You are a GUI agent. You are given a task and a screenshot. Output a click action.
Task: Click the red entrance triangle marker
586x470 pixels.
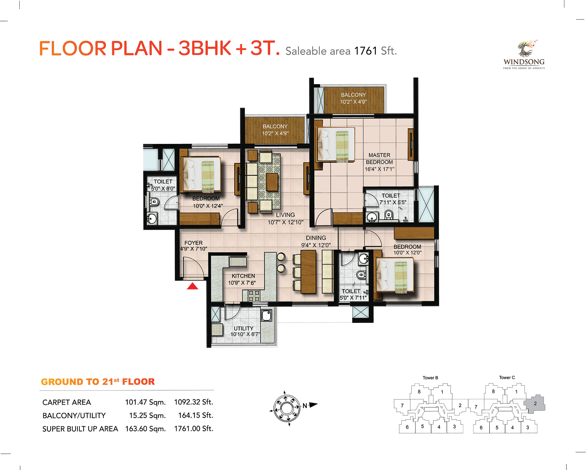pyautogui.click(x=192, y=286)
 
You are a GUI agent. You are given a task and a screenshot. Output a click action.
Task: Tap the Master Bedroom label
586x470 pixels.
pyautogui.click(x=379, y=159)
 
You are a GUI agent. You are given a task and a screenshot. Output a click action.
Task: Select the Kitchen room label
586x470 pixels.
pyautogui.click(x=243, y=276)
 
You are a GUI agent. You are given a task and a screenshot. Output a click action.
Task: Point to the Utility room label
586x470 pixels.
pyautogui.click(x=243, y=328)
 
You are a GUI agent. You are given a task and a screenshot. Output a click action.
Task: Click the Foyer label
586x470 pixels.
pyautogui.click(x=194, y=243)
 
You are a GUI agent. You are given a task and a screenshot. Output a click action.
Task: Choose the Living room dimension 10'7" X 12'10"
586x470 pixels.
pyautogui.click(x=285, y=222)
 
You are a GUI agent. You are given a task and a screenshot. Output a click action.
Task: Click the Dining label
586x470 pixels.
pyautogui.click(x=316, y=238)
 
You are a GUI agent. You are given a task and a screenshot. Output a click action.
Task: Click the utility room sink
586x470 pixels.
pyautogui.click(x=267, y=315)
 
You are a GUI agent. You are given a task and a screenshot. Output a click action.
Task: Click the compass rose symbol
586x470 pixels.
pyautogui.click(x=286, y=408)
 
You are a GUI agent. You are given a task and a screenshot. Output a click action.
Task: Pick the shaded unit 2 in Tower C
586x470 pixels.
pyautogui.click(x=535, y=403)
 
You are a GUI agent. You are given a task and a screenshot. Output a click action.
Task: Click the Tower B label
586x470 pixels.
pyautogui.click(x=430, y=378)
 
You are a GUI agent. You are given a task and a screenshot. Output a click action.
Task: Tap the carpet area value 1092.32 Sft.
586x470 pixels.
pyautogui.click(x=194, y=402)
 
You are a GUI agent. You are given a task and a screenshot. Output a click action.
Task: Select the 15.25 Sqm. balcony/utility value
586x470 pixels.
pyautogui.click(x=147, y=415)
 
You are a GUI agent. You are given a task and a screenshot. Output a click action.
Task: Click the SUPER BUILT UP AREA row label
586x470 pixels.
pyautogui.click(x=80, y=429)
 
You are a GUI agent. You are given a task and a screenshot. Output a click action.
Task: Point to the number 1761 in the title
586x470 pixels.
pyautogui.click(x=366, y=51)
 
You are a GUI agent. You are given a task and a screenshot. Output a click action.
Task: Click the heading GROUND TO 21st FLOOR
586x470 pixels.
pyautogui.click(x=98, y=382)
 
